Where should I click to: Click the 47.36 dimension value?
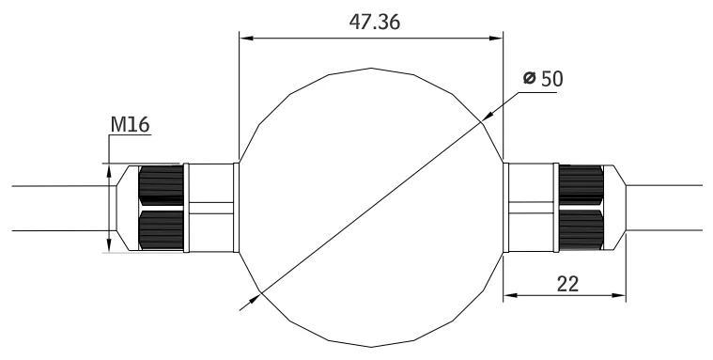point(375,22)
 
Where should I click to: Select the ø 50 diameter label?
point(543,79)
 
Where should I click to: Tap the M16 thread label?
point(130,125)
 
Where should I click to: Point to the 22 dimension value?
point(568,284)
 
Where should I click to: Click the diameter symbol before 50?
point(529,78)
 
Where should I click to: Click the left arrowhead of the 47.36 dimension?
point(246,39)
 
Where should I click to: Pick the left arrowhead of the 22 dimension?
point(510,295)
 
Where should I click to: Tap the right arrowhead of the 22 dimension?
point(619,295)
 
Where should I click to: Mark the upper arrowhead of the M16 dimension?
point(109,171)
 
